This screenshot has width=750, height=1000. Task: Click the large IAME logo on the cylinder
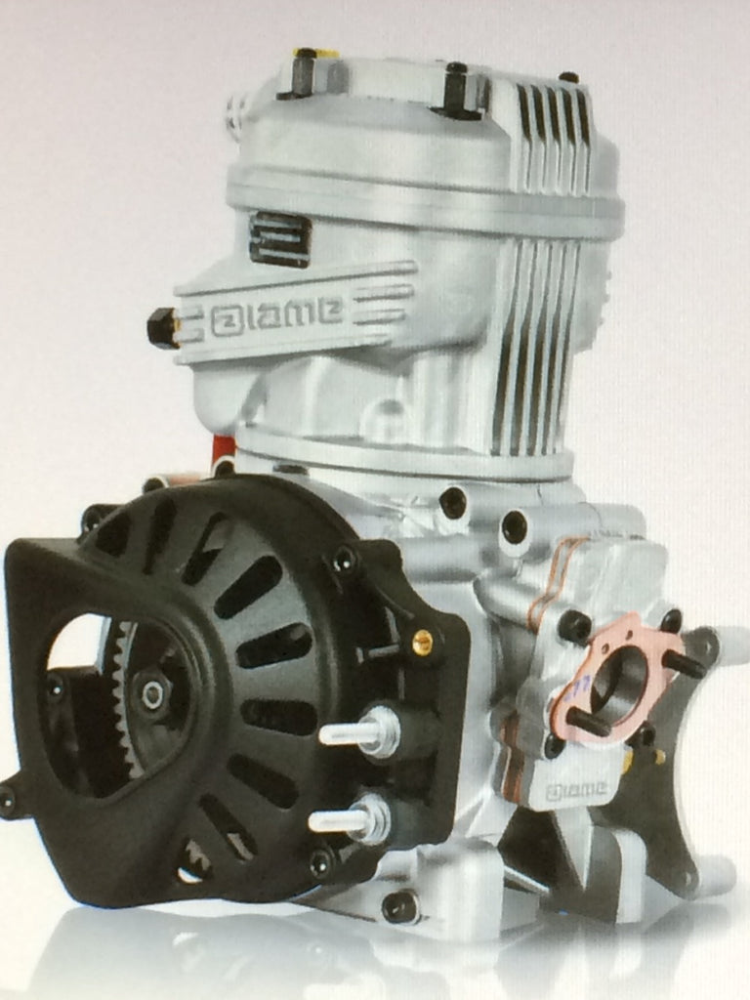[276, 315]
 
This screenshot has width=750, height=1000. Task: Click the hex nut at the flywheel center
[152, 694]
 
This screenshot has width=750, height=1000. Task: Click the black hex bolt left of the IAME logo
[162, 327]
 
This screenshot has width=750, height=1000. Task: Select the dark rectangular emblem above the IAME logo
[279, 237]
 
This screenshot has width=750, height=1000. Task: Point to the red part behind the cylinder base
[224, 450]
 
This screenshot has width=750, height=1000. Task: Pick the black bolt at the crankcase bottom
[400, 906]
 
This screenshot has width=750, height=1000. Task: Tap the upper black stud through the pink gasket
[684, 663]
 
